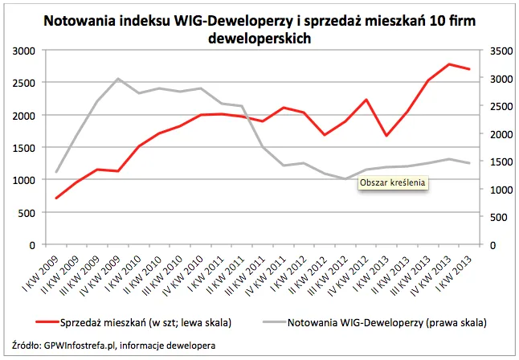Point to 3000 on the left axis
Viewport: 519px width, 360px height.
[x=26, y=51]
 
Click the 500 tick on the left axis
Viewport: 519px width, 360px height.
[x=29, y=212]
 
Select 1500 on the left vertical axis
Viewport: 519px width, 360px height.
[x=26, y=148]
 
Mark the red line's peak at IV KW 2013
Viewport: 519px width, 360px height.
[x=450, y=64]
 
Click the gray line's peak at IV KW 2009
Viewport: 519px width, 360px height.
[x=118, y=79]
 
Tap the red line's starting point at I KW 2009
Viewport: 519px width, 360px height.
[x=56, y=198]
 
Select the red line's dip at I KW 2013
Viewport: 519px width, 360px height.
[x=387, y=135]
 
